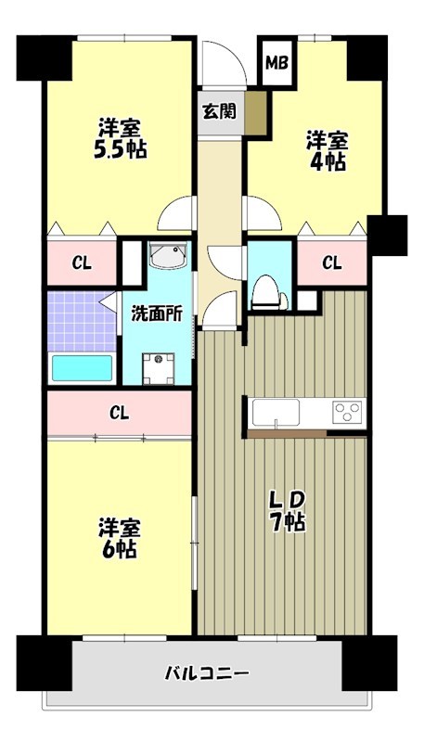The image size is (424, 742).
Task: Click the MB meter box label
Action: (276, 63)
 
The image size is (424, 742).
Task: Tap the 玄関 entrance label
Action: (219, 110)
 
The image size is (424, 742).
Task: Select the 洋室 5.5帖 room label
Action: (121, 138)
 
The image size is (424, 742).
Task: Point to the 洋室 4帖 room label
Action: (328, 150)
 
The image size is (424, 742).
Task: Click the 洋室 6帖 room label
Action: (120, 538)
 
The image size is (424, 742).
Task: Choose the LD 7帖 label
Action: (288, 510)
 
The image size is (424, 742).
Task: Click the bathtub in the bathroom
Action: (82, 368)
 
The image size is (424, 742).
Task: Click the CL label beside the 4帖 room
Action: (331, 262)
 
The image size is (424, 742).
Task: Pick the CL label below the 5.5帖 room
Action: (83, 263)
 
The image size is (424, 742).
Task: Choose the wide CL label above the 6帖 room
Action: (119, 412)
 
